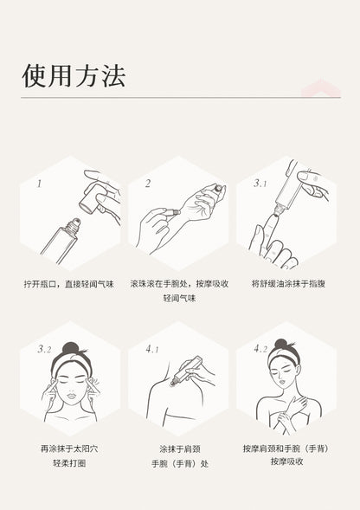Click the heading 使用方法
(74, 76)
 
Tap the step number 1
(39, 184)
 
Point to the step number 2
(148, 184)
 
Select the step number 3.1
(260, 184)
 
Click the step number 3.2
(44, 349)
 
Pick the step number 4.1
(152, 349)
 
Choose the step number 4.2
(260, 349)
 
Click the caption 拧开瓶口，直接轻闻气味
(69, 284)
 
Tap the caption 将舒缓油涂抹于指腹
(288, 283)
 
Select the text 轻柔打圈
(69, 463)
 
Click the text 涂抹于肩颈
(180, 449)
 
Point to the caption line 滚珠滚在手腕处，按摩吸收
(179, 284)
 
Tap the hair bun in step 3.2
(71, 349)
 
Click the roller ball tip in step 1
(77, 223)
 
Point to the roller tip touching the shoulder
(172, 384)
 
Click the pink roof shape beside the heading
(321, 89)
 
